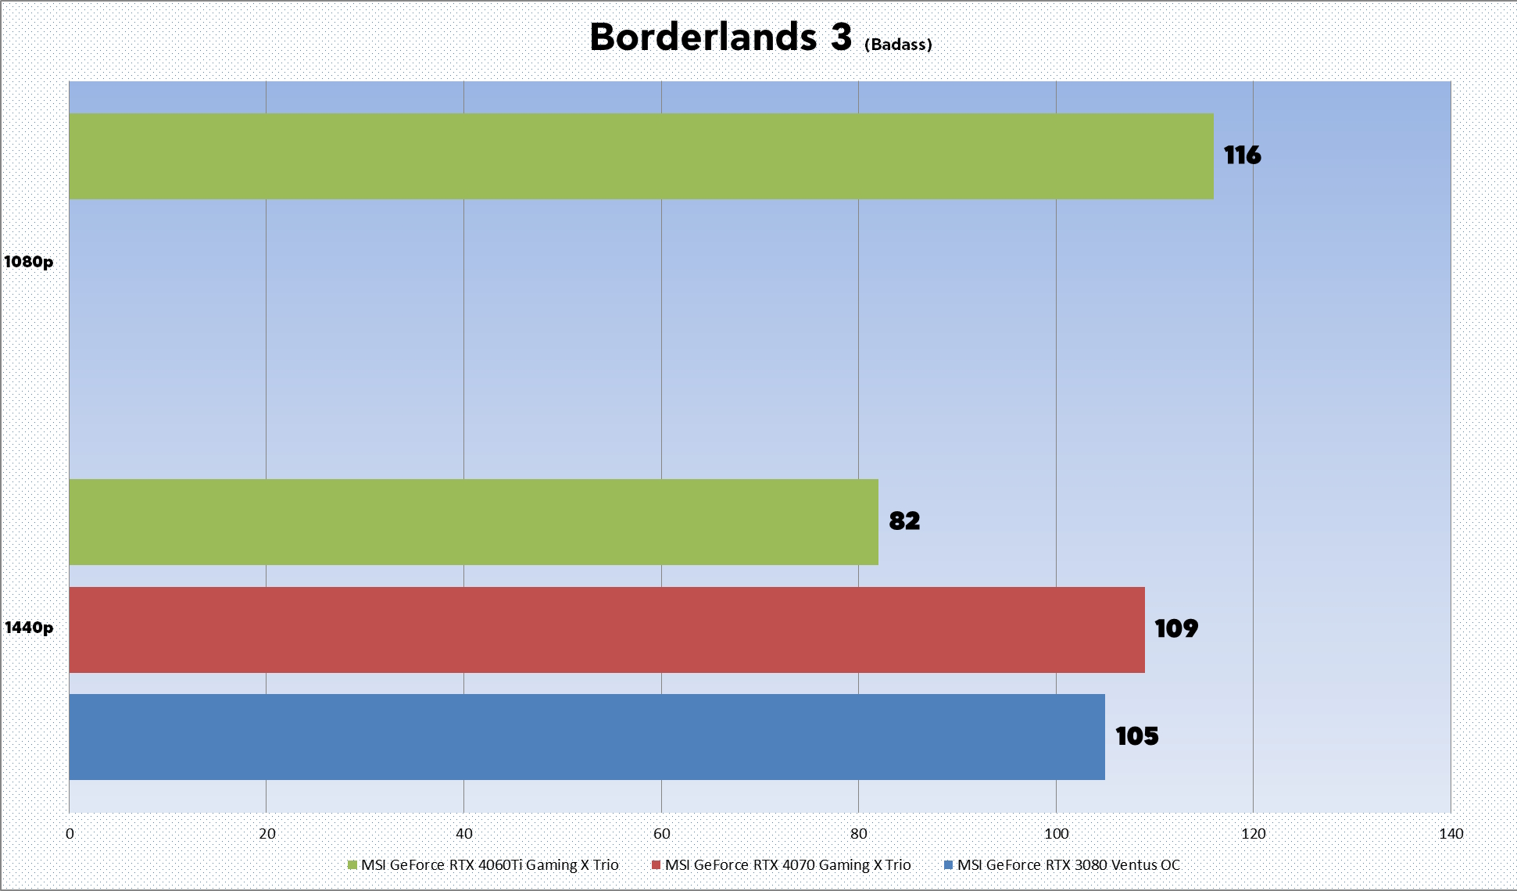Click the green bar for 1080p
coord(641,156)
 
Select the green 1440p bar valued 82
coord(474,522)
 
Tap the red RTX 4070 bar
coord(606,630)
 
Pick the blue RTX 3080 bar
coord(587,737)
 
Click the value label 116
coord(1242,156)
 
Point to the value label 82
coord(904,521)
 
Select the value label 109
coord(1176,629)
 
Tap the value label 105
coord(1136,736)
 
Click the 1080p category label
coord(29,262)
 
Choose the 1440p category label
coord(29,628)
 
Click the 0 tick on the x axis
coord(70,834)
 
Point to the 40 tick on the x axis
coord(464,834)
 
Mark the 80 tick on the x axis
coord(858,834)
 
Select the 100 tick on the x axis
coord(1056,834)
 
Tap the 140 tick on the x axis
coord(1451,834)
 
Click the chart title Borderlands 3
coord(720,38)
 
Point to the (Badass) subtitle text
coord(898,45)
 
